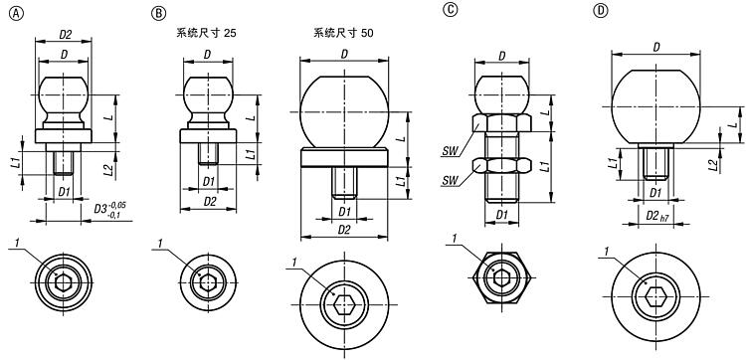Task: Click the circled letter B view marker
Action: [x=157, y=13]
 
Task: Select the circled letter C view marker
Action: [x=449, y=10]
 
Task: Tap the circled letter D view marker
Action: [x=602, y=11]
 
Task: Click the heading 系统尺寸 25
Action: [x=207, y=33]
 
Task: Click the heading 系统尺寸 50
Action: [x=343, y=33]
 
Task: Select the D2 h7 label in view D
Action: [x=656, y=216]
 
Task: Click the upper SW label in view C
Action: [x=450, y=151]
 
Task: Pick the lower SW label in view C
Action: [x=450, y=181]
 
